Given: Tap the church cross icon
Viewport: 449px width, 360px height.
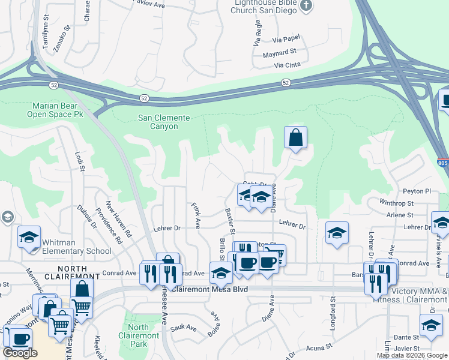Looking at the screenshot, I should point(307,6).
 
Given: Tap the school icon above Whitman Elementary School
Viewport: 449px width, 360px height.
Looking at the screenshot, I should point(29,238).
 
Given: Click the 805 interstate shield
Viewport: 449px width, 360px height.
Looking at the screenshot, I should point(442,163).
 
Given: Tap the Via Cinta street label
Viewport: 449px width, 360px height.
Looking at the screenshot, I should point(286,65).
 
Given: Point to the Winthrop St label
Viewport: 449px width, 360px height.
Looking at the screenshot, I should point(397,204).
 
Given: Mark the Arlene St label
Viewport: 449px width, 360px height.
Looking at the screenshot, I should point(400,215).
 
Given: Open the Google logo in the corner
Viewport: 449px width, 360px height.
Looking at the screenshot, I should point(20,353).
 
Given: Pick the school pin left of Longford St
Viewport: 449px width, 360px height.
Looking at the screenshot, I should point(337,233).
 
